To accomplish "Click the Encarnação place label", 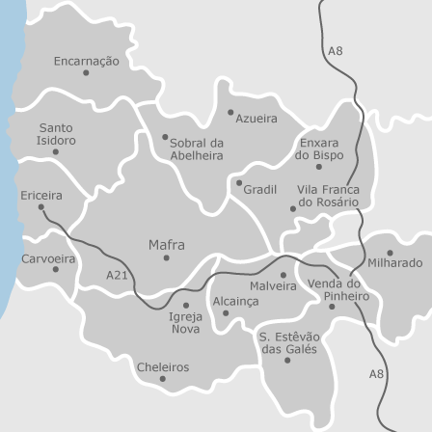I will (x=87, y=61).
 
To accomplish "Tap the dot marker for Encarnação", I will (x=86, y=73).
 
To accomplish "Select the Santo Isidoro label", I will (x=56, y=134).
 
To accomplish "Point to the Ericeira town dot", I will (x=40, y=207).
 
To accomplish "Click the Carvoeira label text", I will (x=48, y=258).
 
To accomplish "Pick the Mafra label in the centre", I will (x=167, y=245).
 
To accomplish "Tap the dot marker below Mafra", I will (x=166, y=258).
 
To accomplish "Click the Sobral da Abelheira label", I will (x=197, y=148).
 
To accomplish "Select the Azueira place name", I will (x=256, y=119).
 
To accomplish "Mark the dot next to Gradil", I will (x=239, y=182).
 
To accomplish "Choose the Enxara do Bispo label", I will (x=319, y=148).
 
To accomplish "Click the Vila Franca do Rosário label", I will (x=328, y=196).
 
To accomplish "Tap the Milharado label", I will (x=394, y=262).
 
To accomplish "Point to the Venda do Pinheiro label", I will (x=338, y=289).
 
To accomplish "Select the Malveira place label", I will (x=273, y=286).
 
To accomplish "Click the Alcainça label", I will (x=235, y=301).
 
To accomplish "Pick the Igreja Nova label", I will (x=186, y=322).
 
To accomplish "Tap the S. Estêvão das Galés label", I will (x=289, y=342).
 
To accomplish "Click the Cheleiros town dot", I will (x=163, y=379).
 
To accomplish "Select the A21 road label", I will (x=117, y=275).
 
